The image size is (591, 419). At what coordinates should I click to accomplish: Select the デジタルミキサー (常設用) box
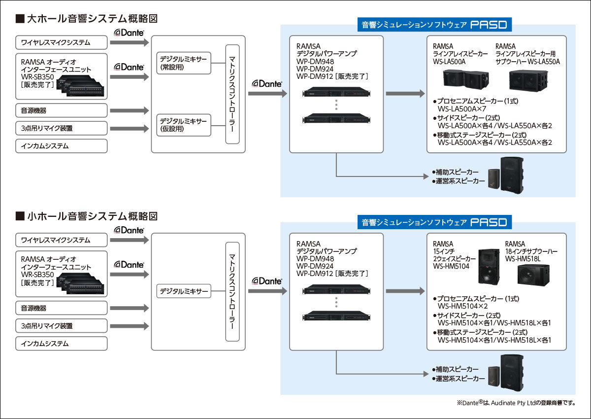(183, 63)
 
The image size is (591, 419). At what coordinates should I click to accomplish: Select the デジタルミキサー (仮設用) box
(183, 125)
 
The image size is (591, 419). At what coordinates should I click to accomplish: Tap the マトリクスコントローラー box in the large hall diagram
(232, 94)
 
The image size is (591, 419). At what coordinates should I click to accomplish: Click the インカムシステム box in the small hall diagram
(62, 343)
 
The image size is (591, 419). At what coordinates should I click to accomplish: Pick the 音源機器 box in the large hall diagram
(62, 110)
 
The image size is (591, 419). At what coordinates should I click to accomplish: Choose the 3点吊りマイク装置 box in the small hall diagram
(62, 326)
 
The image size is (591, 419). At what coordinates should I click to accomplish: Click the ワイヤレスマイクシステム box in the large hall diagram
(62, 42)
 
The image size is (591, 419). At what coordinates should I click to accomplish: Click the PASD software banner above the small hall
(435, 222)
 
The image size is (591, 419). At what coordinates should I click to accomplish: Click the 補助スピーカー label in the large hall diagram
(457, 173)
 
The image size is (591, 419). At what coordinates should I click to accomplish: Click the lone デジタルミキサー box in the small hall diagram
(183, 291)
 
